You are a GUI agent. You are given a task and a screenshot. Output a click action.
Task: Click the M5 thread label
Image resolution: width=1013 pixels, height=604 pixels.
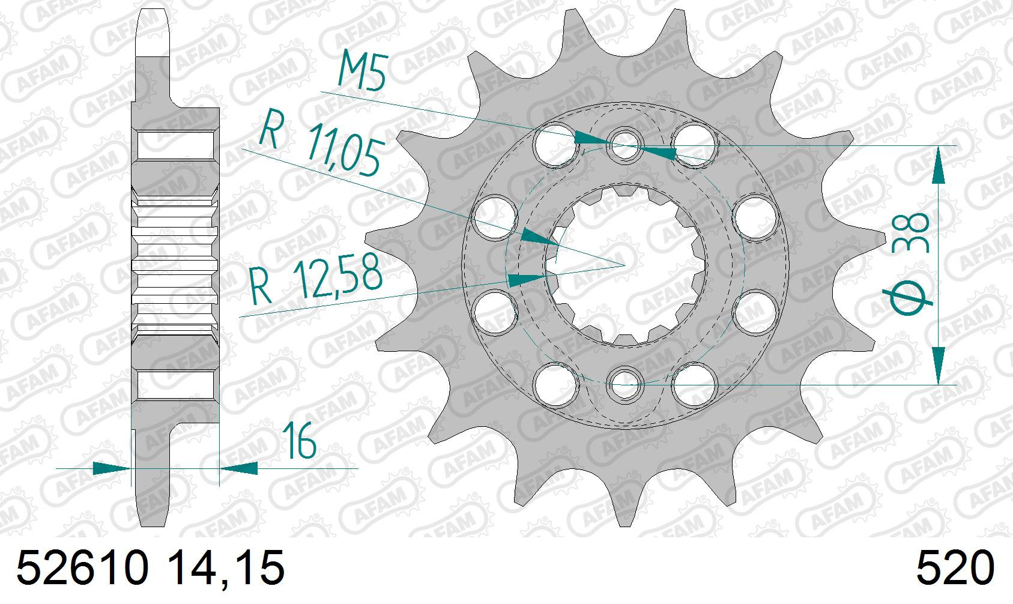tap(363, 70)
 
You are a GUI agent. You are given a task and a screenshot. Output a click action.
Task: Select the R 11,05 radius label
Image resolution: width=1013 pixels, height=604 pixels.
tap(321, 142)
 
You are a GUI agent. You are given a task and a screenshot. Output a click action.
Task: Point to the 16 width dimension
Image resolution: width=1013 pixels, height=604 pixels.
tap(298, 440)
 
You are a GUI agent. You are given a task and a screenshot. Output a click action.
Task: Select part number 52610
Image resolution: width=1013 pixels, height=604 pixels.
tap(83, 568)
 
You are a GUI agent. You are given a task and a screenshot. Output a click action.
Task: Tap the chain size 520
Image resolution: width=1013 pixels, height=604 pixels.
tap(955, 568)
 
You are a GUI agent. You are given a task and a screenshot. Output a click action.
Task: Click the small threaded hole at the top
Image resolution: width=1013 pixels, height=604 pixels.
tap(625, 145)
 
